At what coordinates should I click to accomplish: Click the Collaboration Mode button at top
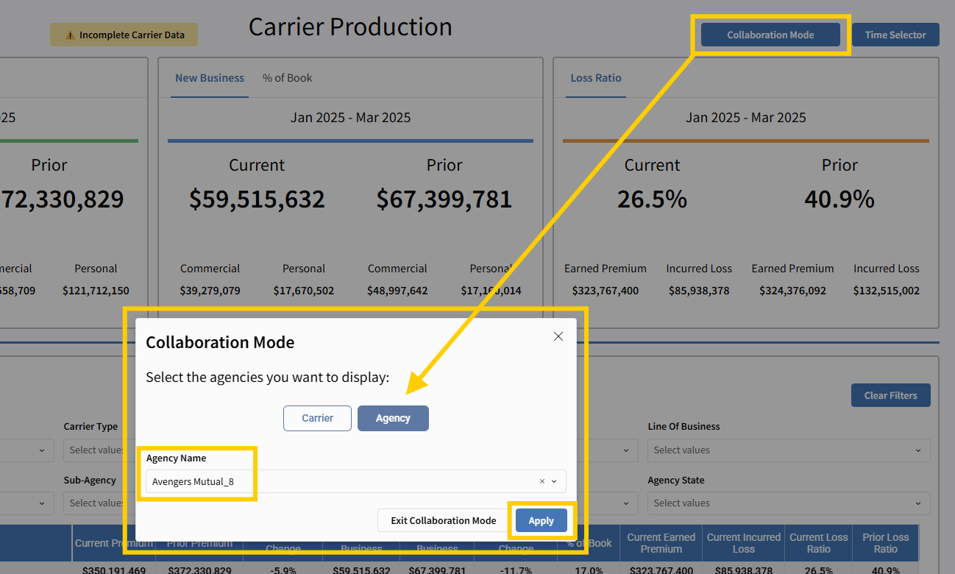(x=770, y=35)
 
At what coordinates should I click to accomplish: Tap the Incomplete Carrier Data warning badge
(x=124, y=35)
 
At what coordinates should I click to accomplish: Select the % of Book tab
(x=287, y=78)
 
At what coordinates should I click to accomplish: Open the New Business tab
(x=210, y=78)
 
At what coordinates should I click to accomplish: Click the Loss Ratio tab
(x=596, y=78)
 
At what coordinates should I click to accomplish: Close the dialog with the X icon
(x=558, y=336)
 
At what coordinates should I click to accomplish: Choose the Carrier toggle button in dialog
(x=317, y=418)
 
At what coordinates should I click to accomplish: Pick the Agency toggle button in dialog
(x=393, y=418)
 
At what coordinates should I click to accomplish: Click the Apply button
(x=541, y=520)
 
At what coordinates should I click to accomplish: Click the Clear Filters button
(x=890, y=395)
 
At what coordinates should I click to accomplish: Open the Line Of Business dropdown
(x=788, y=450)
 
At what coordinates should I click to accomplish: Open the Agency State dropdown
(x=788, y=503)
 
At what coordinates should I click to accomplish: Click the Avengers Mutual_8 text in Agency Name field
(x=193, y=481)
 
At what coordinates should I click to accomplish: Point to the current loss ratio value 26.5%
(x=652, y=199)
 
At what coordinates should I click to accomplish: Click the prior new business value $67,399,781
(x=444, y=199)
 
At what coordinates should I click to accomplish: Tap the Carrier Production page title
(x=350, y=27)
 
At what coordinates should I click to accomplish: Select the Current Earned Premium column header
(x=661, y=543)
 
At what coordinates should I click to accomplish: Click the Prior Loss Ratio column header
(x=885, y=543)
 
